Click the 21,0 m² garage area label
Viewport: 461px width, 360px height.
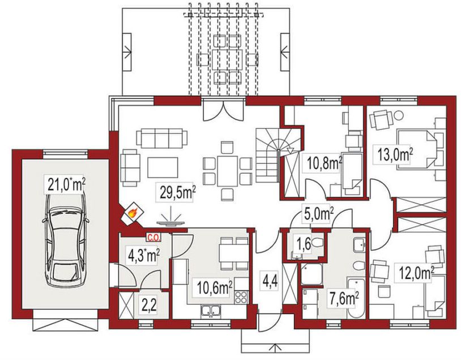coord(65,185)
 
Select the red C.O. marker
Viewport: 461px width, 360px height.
coord(154,238)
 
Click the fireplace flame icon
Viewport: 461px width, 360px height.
coord(133,213)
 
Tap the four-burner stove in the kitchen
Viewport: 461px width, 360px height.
coord(241,297)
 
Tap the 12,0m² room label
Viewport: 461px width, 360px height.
coord(415,273)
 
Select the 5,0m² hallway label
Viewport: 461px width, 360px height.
coord(318,214)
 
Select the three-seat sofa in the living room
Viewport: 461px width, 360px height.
coord(162,138)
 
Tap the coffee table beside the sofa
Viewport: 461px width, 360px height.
coord(163,167)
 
